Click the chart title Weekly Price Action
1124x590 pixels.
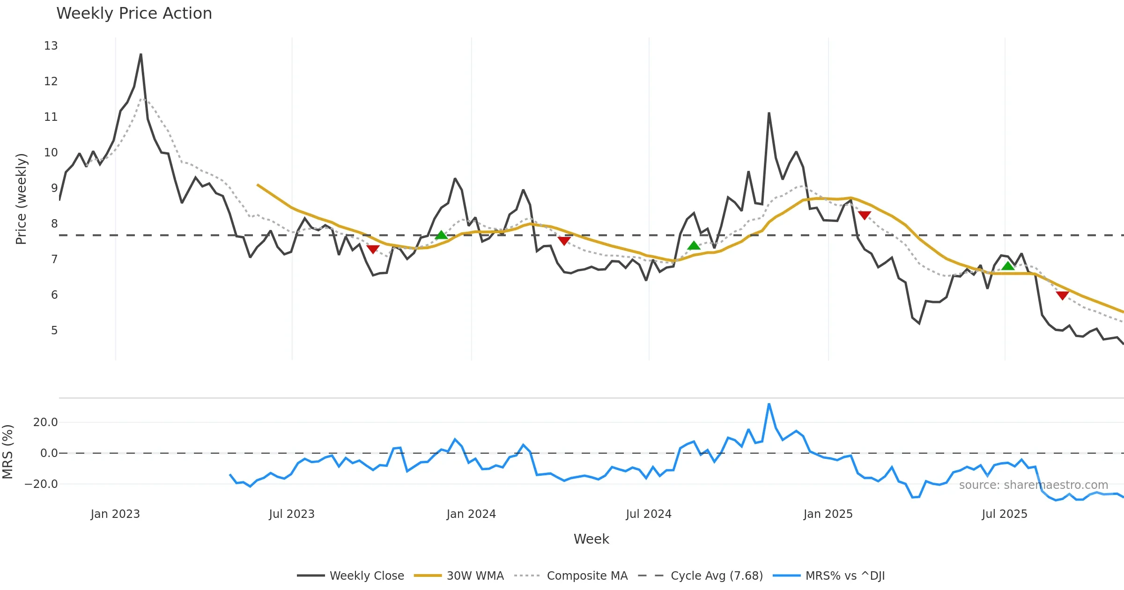pos(134,14)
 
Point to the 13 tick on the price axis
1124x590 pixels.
pos(51,46)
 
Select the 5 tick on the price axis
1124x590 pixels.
pos(54,331)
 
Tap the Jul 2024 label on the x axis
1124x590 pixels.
pos(649,514)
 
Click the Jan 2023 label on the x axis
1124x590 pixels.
pos(115,514)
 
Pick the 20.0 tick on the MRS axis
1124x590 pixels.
pos(45,422)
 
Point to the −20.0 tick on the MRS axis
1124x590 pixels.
pos(42,484)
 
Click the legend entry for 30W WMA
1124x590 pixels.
pos(475,575)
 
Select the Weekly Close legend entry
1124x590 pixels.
pos(367,575)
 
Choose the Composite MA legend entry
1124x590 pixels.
pos(587,575)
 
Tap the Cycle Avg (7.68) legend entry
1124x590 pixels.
pos(717,575)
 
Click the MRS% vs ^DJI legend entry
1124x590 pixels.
pos(845,575)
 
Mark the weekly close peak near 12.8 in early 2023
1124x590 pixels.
pos(141,54)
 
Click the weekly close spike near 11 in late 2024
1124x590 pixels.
pos(769,113)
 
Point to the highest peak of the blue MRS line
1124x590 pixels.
pos(769,404)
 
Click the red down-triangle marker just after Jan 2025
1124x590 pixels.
pos(865,215)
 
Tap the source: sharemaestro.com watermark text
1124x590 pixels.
pos(1034,485)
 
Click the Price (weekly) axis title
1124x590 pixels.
pos(22,199)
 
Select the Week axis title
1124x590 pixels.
pos(591,539)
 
